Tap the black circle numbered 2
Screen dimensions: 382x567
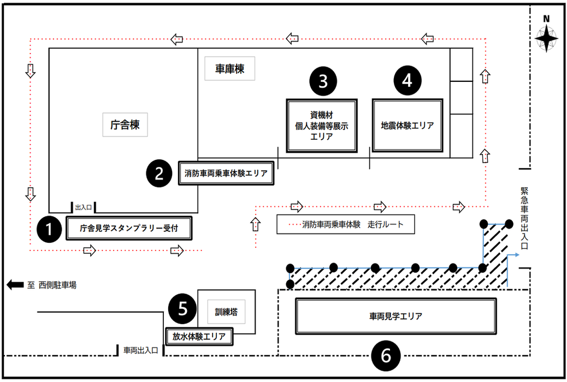(159, 173)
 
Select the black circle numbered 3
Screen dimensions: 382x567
(323, 80)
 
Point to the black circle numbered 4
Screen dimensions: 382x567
(407, 80)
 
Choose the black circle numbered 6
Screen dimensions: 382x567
(386, 356)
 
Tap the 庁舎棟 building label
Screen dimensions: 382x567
(126, 125)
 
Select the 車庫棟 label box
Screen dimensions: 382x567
(229, 69)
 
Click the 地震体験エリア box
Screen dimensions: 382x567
(407, 125)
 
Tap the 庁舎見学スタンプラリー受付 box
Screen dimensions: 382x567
(129, 229)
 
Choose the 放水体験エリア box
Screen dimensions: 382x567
(199, 336)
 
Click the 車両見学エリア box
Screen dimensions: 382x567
(395, 316)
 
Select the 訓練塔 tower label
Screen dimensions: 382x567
(226, 312)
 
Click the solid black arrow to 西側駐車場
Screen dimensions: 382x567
(15, 284)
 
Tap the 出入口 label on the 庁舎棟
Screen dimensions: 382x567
(84, 207)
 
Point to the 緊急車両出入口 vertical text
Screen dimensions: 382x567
(524, 218)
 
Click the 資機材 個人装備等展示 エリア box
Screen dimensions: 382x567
(322, 126)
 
